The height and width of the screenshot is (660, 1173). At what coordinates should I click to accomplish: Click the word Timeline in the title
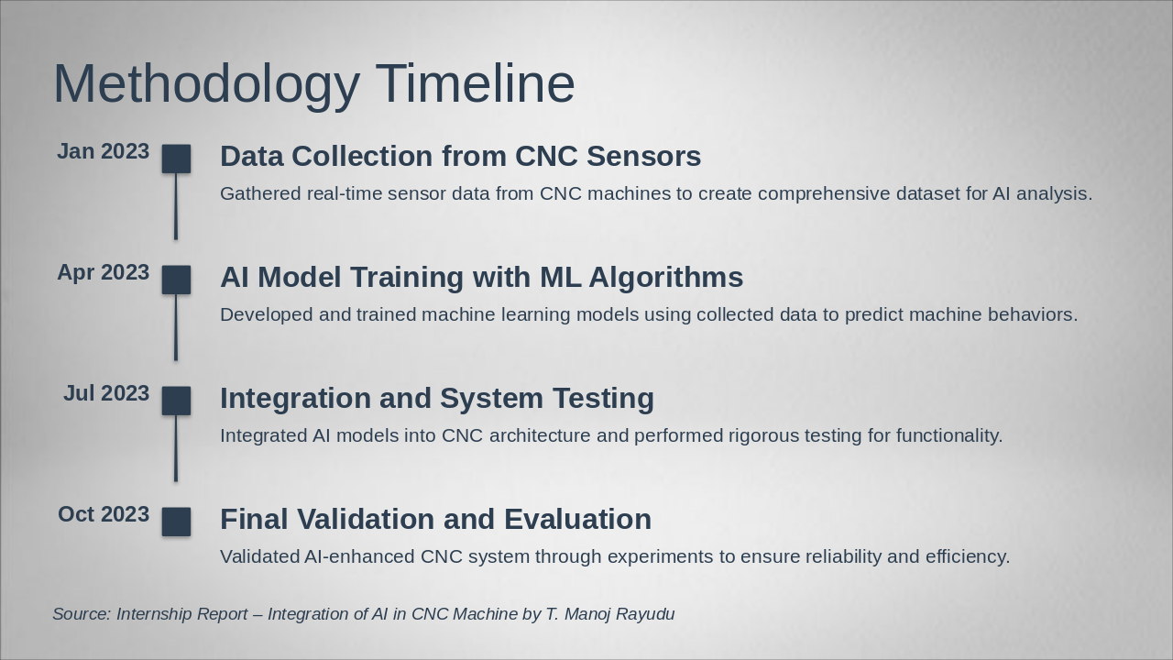(x=476, y=83)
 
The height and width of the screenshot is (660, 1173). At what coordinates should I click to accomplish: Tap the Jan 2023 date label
(x=104, y=151)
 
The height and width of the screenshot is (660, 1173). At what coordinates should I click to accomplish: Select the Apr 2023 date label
(x=104, y=273)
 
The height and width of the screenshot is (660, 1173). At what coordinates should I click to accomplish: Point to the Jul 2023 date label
(x=106, y=393)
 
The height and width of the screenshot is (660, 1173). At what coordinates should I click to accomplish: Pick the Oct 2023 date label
(x=104, y=514)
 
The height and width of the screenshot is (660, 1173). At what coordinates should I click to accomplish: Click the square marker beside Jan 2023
(x=176, y=159)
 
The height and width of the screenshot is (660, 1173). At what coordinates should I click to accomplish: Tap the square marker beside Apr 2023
(x=176, y=280)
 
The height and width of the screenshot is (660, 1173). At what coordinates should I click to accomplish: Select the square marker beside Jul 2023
(x=176, y=401)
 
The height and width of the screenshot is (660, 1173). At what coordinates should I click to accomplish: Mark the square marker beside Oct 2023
(x=176, y=522)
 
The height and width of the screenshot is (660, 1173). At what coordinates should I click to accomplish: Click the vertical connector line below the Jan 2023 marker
(x=176, y=206)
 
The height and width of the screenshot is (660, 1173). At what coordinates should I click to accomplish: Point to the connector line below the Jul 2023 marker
(x=176, y=448)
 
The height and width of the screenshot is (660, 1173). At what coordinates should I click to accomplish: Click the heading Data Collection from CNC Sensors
(x=460, y=156)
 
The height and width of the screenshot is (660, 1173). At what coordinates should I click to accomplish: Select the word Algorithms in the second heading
(x=666, y=278)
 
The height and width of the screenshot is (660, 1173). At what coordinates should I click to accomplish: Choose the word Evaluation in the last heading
(x=577, y=519)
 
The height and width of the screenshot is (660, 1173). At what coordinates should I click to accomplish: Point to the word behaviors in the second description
(x=1033, y=314)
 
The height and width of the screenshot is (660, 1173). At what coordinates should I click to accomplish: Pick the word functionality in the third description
(x=949, y=436)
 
